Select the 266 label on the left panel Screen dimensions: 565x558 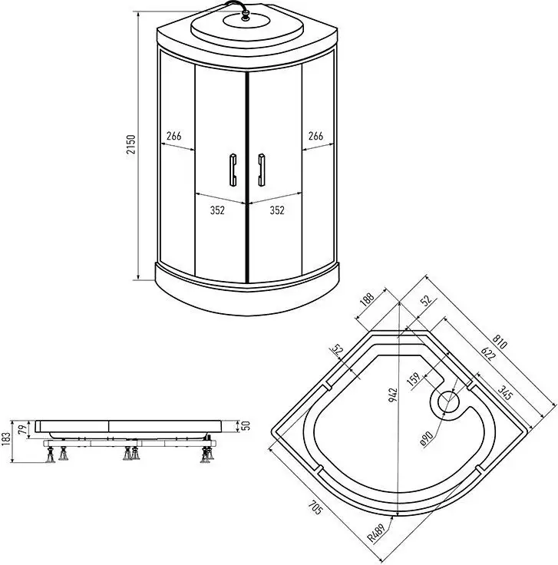point(173,136)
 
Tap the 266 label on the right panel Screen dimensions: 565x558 point(315,136)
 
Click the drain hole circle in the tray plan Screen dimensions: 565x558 point(446,401)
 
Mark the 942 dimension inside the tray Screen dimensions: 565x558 point(393,395)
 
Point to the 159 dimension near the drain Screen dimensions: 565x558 point(414,379)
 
